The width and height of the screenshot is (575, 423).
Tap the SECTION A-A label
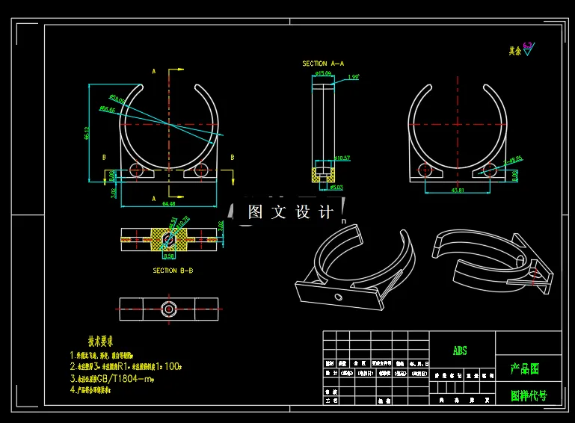tap(323, 64)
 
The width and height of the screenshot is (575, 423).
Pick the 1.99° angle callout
tap(354, 77)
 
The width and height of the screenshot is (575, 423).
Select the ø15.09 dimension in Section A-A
tap(324, 74)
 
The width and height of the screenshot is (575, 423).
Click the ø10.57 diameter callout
tap(342, 158)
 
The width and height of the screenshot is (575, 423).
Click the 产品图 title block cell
tap(526, 368)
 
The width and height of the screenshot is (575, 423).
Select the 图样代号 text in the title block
tap(528, 395)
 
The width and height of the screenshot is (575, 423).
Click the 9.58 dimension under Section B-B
tap(169, 256)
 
